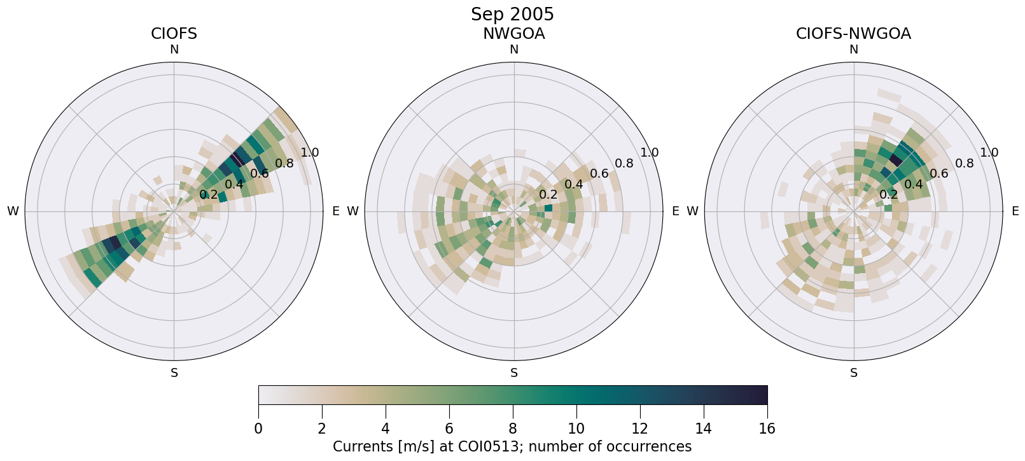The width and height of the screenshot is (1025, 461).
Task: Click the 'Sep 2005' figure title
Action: [512, 14]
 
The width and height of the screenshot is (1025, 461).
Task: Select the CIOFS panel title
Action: [174, 34]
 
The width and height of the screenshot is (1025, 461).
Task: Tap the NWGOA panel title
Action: [513, 34]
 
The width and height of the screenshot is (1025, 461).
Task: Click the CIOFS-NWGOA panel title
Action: [853, 34]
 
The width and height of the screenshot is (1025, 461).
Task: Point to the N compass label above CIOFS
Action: [174, 50]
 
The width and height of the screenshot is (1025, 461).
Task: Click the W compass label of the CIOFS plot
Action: [13, 211]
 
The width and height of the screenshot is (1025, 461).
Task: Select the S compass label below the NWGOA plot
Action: [513, 373]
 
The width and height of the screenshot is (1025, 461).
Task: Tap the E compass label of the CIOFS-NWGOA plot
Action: [1015, 211]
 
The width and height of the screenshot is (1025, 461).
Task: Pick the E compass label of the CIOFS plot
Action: [336, 211]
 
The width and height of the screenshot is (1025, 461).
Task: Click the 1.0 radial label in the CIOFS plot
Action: [310, 153]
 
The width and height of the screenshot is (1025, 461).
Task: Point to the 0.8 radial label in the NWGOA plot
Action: [624, 164]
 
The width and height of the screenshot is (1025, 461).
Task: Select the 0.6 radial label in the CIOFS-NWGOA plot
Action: [939, 174]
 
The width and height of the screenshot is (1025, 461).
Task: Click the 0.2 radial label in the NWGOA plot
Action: [548, 195]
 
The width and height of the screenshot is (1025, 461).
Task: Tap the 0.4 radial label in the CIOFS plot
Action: [234, 185]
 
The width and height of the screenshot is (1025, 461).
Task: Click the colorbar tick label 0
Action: [258, 429]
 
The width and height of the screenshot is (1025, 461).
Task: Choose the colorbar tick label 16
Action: [767, 429]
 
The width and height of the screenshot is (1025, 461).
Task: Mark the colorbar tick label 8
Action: [513, 429]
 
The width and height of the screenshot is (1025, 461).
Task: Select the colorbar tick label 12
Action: [639, 429]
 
